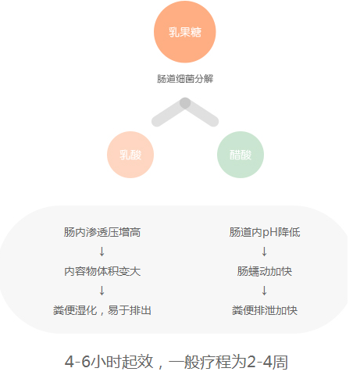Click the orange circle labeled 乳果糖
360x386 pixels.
click(185, 32)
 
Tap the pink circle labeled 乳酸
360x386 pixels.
click(130, 155)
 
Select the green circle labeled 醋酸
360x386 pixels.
click(241, 155)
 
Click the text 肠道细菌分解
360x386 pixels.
click(185, 79)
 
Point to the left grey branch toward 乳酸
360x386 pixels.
click(169, 113)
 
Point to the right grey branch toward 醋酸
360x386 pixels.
click(201, 113)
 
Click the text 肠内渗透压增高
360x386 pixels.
click(102, 232)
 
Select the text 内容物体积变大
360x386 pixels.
click(102, 271)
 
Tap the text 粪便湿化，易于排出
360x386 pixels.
click(102, 310)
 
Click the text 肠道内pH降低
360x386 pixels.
click(265, 232)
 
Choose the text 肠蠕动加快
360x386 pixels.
click(265, 271)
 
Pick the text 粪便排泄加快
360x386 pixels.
click(265, 310)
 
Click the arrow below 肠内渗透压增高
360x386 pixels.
click(102, 252)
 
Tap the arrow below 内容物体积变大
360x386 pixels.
click(102, 291)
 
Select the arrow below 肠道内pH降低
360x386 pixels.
click(265, 252)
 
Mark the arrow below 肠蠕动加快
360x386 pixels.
click(265, 291)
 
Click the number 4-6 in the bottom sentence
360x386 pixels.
click(77, 362)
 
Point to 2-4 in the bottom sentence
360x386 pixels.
click(259, 362)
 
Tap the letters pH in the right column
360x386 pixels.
click(270, 233)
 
